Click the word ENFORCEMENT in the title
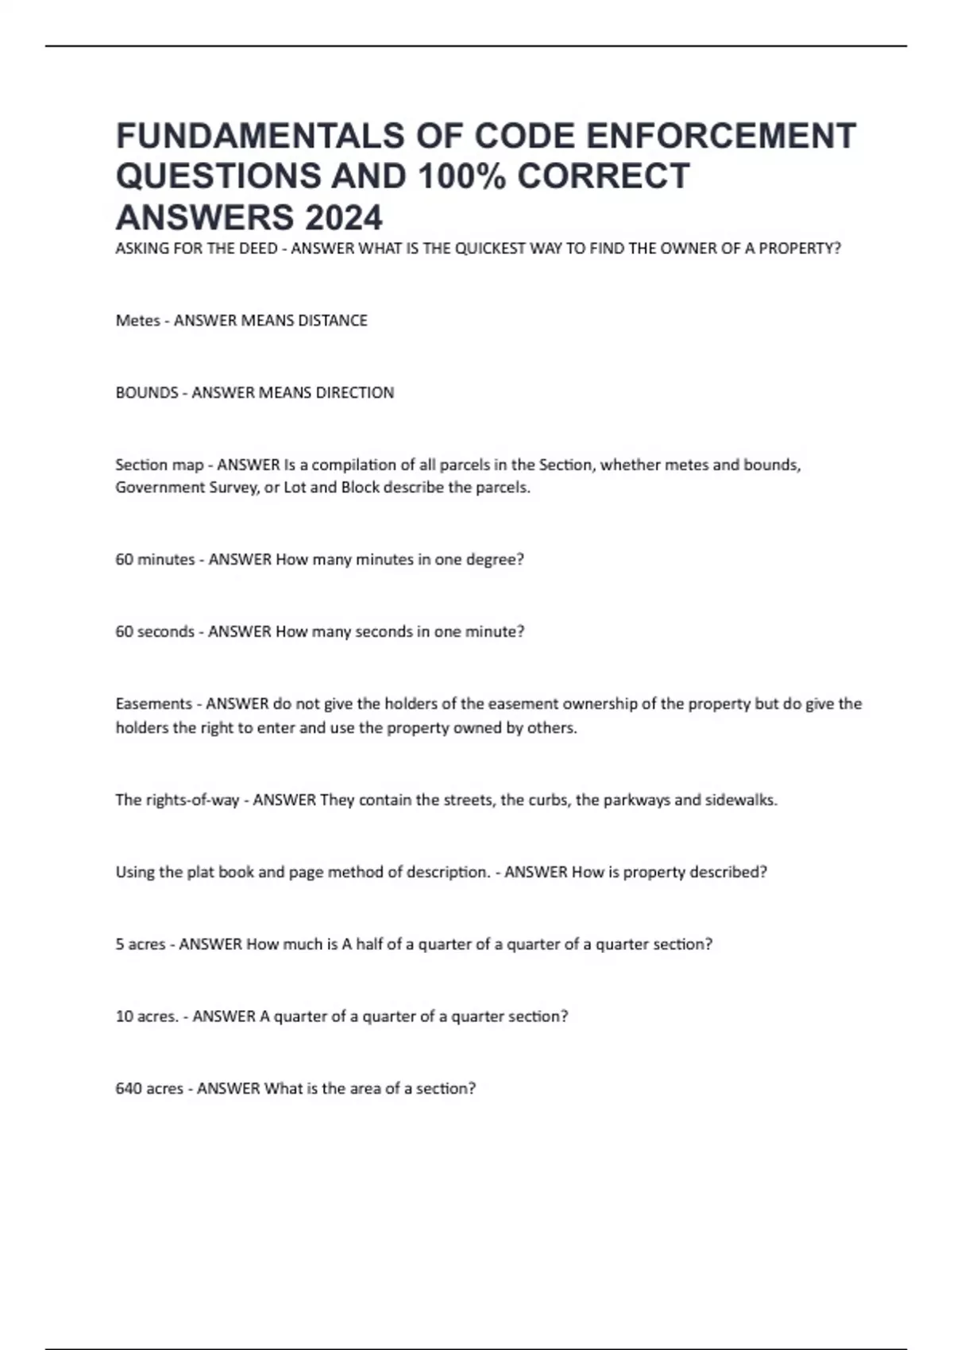[720, 136]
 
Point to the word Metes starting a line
[137, 321]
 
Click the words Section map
[159, 465]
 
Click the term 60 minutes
[155, 560]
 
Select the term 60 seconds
[155, 632]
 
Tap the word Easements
[154, 704]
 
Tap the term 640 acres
[149, 1089]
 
